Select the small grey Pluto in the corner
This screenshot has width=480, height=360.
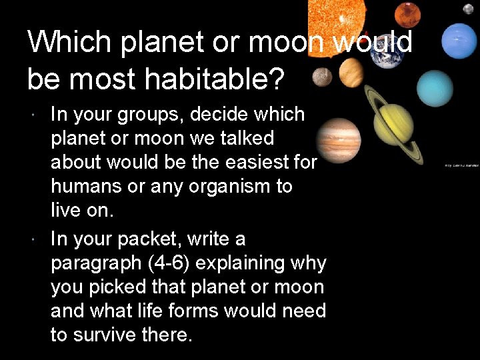[x=469, y=9]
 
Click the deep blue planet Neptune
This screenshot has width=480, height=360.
[x=459, y=41]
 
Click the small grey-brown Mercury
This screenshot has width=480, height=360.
[x=323, y=76]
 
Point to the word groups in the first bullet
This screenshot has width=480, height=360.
[x=151, y=115]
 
